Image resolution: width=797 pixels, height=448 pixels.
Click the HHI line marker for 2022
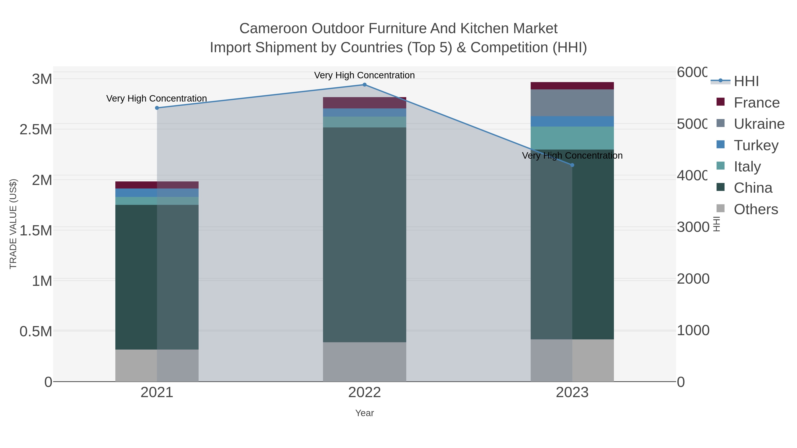[364, 85]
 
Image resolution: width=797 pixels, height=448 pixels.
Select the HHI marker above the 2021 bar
[157, 108]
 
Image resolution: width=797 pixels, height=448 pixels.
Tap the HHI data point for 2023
[572, 165]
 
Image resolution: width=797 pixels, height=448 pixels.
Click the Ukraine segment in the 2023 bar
[572, 103]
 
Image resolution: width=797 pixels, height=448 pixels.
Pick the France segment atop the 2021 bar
[157, 185]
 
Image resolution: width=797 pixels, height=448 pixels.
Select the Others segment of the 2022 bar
[364, 362]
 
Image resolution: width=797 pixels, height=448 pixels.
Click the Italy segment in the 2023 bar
[572, 138]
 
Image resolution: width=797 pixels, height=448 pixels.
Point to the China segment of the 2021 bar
[157, 277]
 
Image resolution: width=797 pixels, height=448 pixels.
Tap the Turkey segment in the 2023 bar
[572, 121]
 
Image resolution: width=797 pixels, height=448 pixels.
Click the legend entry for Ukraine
[759, 124]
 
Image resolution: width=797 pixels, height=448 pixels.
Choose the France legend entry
[756, 103]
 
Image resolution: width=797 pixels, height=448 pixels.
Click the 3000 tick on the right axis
[693, 227]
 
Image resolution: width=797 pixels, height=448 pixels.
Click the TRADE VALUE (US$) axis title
[13, 224]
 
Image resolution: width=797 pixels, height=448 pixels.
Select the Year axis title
[364, 413]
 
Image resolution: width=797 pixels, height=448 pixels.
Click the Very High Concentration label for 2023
[572, 156]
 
